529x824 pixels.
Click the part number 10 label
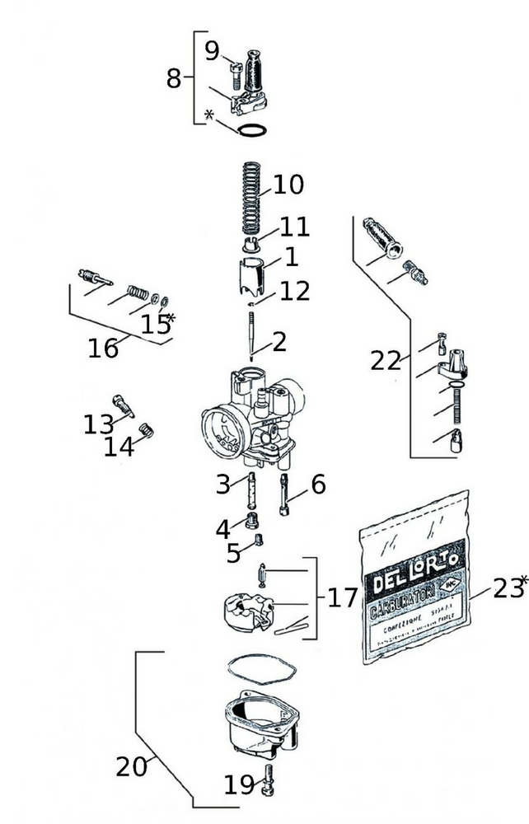[288, 185]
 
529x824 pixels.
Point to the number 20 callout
[132, 767]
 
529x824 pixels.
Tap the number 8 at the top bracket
[174, 78]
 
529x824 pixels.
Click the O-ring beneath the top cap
[251, 130]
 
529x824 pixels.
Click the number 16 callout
[104, 349]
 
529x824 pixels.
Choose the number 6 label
[318, 485]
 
